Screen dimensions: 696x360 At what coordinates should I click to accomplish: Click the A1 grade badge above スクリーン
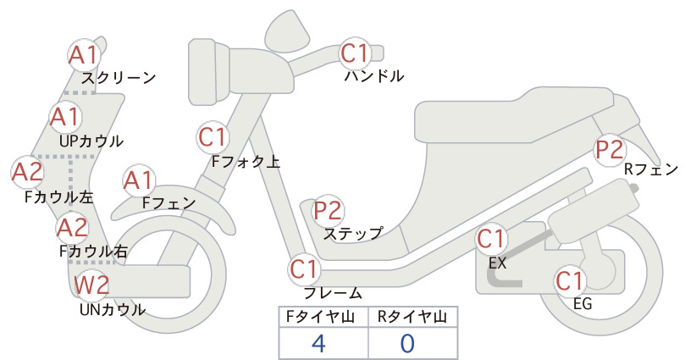83,55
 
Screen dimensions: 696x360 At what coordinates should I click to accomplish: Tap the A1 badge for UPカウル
65,117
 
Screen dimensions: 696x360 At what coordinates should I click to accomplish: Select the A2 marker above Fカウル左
27,172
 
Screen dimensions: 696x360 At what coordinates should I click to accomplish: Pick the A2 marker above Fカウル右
72,227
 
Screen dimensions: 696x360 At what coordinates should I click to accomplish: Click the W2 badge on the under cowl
91,285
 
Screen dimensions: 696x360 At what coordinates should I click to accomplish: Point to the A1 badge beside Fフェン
139,180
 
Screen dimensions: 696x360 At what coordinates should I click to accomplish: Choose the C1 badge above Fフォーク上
213,136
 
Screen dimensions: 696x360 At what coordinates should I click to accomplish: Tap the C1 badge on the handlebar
355,53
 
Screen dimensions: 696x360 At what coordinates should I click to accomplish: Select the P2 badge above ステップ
329,210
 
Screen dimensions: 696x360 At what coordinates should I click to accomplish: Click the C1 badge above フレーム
304,269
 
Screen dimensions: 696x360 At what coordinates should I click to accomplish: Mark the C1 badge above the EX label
491,239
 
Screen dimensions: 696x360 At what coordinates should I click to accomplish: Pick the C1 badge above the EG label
570,280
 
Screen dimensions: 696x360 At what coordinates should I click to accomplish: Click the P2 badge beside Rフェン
610,150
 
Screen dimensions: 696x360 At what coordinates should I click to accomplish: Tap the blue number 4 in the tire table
318,343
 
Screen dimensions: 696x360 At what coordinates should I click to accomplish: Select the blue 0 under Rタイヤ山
407,343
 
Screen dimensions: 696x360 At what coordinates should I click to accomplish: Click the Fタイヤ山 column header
320,317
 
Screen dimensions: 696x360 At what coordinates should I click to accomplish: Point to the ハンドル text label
374,76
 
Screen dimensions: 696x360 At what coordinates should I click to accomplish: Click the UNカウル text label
113,309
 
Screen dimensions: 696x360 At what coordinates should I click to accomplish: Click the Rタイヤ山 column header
412,317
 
